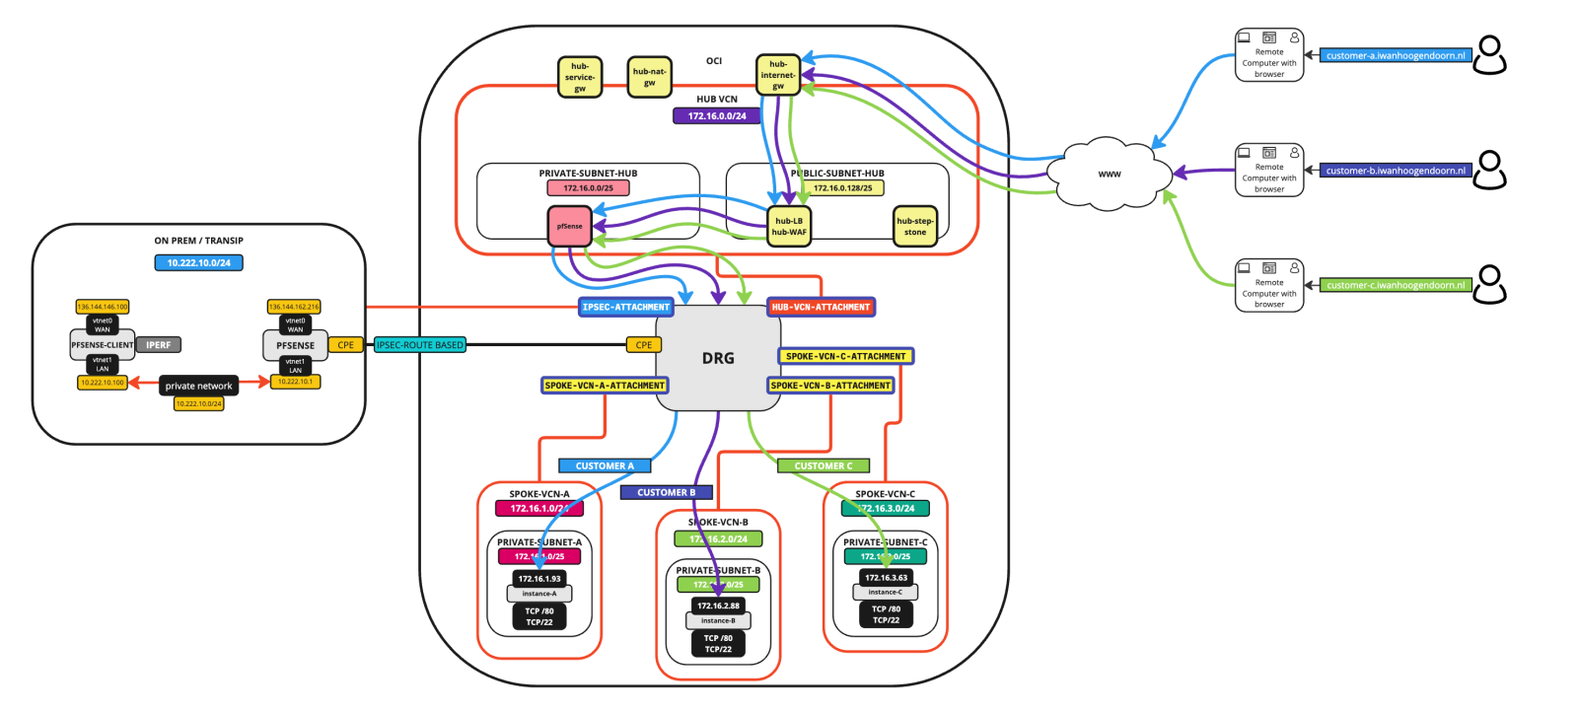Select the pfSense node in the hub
tap(570, 226)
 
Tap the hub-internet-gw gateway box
tap(778, 75)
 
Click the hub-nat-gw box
tap(649, 77)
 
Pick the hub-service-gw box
tap(580, 78)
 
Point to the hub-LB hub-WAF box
tap(789, 227)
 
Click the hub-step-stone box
tap(914, 227)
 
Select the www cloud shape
tap(1110, 174)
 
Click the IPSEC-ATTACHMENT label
tap(625, 308)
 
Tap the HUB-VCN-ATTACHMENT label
tap(821, 308)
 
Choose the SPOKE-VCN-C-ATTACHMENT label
tap(846, 356)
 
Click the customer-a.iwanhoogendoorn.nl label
tap(1396, 56)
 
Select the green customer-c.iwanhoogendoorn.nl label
tap(1396, 286)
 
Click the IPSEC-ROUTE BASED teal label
tap(420, 345)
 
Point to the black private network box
tap(198, 387)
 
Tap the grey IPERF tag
tap(159, 345)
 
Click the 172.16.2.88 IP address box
tap(718, 605)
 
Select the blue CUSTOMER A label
tap(605, 465)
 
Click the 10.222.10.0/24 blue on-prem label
tap(198, 263)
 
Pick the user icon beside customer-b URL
tap(1490, 170)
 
